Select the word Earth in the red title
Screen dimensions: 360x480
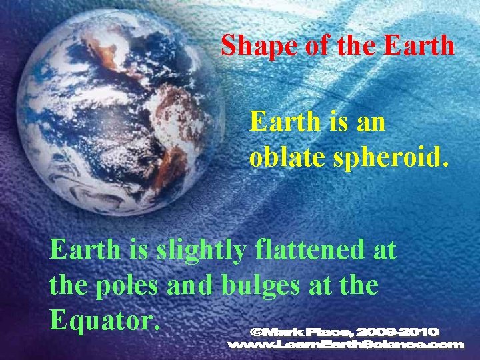point(419,46)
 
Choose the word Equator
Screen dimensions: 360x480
point(105,321)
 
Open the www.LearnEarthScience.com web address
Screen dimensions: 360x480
point(345,345)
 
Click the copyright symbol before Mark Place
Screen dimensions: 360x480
point(257,331)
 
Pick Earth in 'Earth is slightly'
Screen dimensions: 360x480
point(85,251)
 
